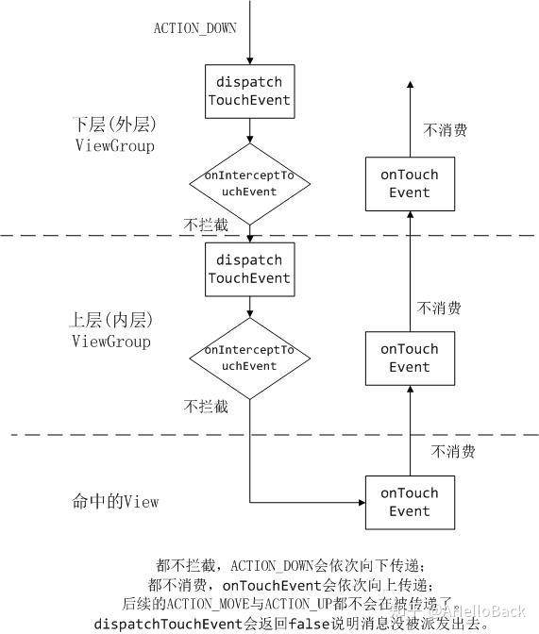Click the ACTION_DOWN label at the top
click(195, 28)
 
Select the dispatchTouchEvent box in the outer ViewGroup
click(249, 90)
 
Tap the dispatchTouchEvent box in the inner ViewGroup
click(249, 269)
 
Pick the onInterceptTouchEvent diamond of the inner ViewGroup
click(249, 359)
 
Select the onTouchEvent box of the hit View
click(410, 502)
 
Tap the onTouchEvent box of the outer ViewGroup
click(410, 184)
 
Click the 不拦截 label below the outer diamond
click(206, 225)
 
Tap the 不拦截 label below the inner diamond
click(206, 407)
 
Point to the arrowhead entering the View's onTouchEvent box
click(359, 502)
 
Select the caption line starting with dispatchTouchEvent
click(292, 624)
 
